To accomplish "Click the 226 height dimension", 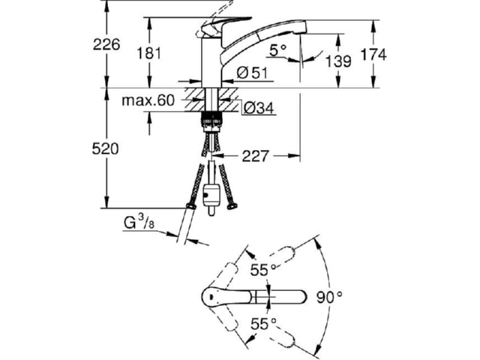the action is [106, 45].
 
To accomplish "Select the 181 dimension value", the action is [148, 53].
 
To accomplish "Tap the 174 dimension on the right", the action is [373, 55].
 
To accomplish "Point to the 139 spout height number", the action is [338, 61].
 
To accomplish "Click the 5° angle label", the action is [278, 50].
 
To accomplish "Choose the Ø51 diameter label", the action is [252, 73].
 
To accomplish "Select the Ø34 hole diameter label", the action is [259, 108].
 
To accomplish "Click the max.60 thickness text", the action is [148, 100].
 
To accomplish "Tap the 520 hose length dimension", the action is [105, 149].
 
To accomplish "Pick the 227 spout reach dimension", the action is [255, 156].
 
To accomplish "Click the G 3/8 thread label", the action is [139, 222].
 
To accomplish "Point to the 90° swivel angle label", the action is [329, 297].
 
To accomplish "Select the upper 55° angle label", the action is [263, 270].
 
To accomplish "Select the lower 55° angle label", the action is [263, 324].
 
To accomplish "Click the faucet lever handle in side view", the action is [224, 26].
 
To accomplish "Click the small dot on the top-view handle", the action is [211, 297].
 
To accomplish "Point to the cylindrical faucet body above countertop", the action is [211, 63].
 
